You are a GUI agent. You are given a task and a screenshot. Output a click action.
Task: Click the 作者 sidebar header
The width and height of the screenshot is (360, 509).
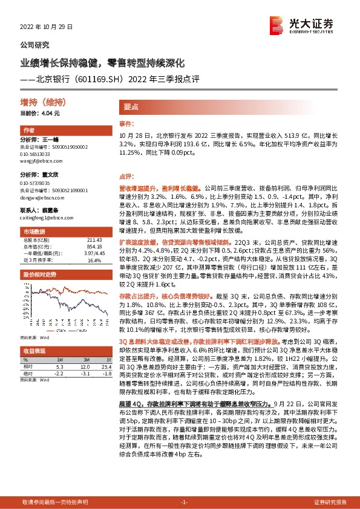pos(28,131)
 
